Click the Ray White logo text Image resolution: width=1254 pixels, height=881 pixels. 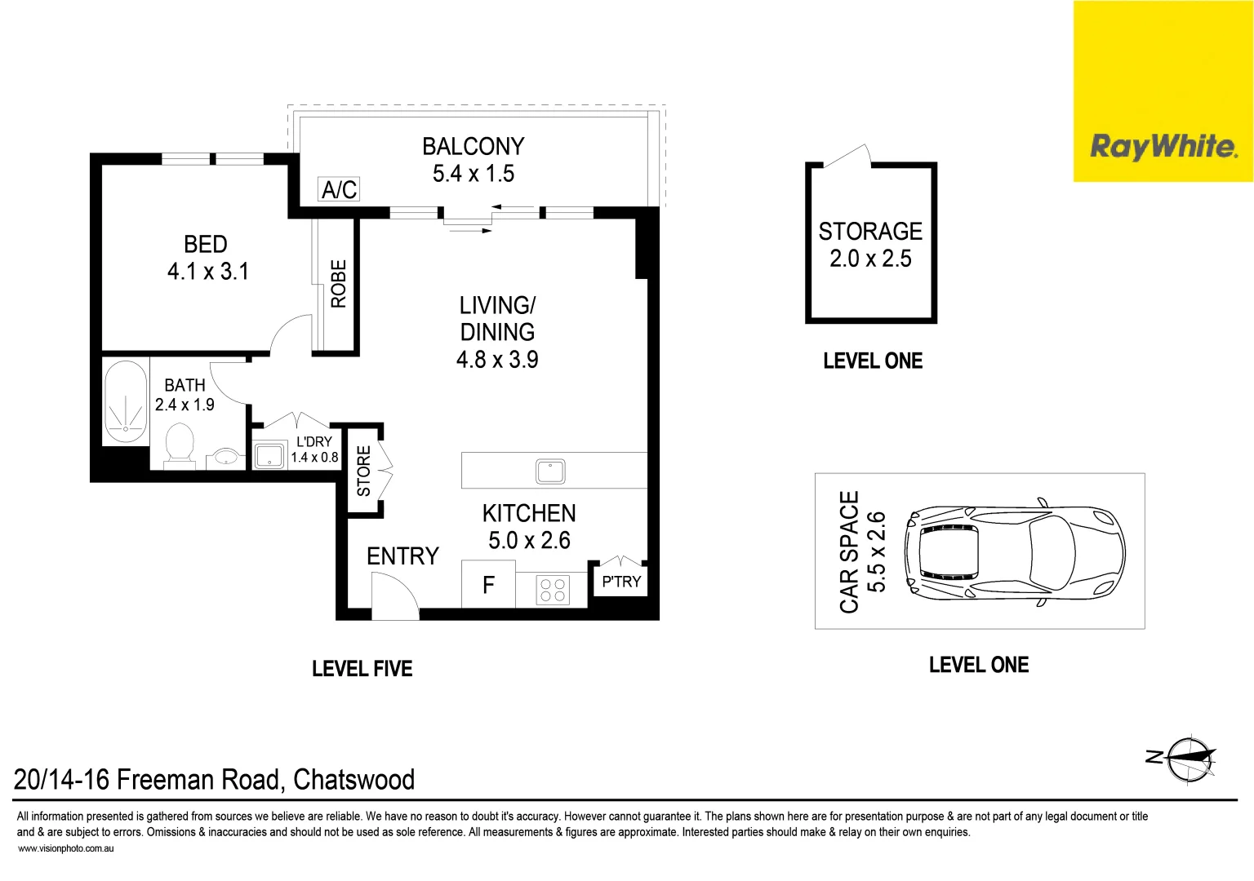click(x=1164, y=147)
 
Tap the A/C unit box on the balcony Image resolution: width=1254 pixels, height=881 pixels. click(x=339, y=189)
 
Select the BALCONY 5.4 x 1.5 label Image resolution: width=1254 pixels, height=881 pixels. click(x=473, y=160)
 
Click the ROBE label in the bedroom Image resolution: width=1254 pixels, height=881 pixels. click(x=339, y=284)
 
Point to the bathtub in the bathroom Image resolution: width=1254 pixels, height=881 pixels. click(x=126, y=401)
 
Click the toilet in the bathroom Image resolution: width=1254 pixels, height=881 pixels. click(x=180, y=446)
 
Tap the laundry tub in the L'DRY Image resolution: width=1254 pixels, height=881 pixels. click(x=270, y=455)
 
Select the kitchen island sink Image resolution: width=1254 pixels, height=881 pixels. click(x=550, y=471)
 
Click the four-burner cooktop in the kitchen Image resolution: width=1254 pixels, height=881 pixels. click(x=553, y=590)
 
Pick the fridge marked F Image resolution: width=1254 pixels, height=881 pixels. click(x=488, y=584)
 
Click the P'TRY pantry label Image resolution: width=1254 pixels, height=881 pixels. click(x=621, y=582)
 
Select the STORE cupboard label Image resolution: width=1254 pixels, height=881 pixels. click(x=364, y=471)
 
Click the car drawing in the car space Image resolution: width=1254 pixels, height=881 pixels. click(x=1015, y=552)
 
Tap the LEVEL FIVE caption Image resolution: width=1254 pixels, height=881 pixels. click(x=362, y=668)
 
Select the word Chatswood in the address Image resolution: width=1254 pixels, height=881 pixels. click(x=354, y=780)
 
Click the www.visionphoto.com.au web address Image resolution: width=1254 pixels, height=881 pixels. click(x=66, y=848)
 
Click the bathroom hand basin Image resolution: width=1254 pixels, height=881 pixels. click(x=226, y=457)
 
